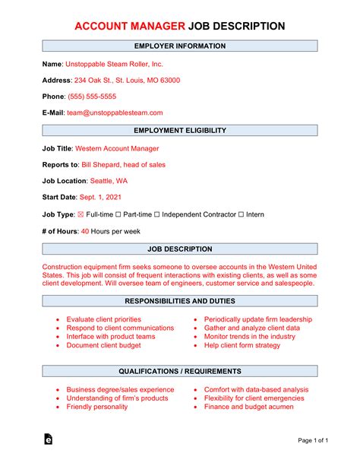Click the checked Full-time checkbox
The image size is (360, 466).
click(81, 214)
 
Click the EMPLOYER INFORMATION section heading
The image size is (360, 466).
click(179, 46)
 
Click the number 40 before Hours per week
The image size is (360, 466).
click(85, 230)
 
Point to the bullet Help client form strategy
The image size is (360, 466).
click(242, 345)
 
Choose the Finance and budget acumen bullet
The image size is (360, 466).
click(248, 407)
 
